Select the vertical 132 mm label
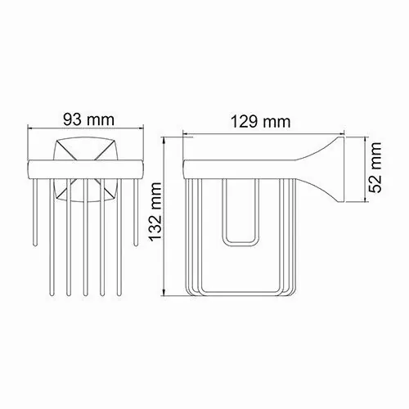pos(160,219)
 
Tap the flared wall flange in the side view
pos(334,170)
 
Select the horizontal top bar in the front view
pos(87,169)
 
